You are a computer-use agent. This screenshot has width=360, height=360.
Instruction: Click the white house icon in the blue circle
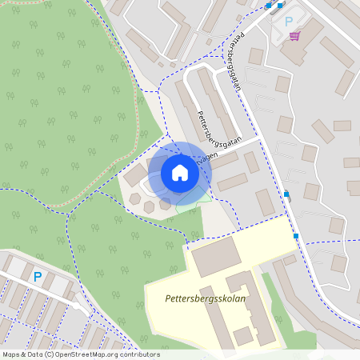coord(179,173)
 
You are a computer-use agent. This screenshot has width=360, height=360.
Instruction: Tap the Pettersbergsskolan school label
coord(206,298)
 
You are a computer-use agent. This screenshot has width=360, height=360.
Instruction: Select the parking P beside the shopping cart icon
coord(289,22)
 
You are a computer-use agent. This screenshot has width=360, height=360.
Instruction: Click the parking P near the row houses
coord(37,277)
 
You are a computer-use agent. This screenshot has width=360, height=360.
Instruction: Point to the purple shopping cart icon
coord(295,35)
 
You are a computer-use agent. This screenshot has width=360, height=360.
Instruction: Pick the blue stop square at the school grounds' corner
coord(296,236)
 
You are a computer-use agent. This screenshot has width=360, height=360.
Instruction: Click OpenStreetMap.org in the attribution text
coord(88,354)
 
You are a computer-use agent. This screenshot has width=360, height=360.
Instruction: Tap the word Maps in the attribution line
coord(12,354)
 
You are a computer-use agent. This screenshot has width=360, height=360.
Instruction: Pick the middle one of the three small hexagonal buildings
coord(150,206)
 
